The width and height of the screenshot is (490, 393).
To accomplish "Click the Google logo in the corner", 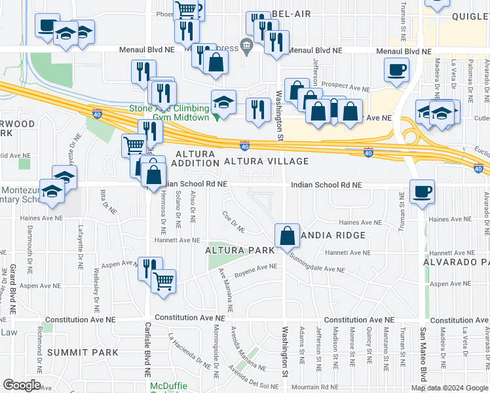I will click(22, 385).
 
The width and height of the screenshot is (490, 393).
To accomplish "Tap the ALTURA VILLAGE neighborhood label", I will click(266, 161).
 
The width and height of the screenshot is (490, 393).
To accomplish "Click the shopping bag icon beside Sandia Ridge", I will click(287, 236).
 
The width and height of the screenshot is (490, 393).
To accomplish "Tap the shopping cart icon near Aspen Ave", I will click(164, 281).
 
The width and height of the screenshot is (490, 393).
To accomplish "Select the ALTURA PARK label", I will click(234, 250).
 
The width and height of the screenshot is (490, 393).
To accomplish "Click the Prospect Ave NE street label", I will click(345, 86).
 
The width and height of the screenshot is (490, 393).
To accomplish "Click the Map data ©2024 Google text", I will click(449, 387).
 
